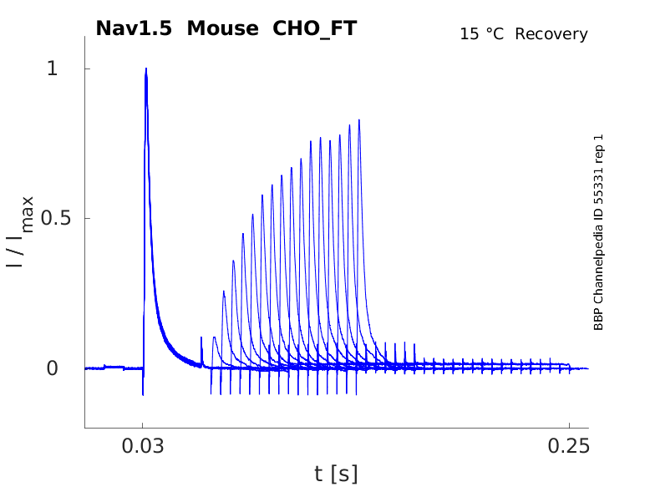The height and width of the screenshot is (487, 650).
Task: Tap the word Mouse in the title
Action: pyautogui.click(x=223, y=28)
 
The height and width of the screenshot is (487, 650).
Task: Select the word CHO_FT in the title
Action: pyautogui.click(x=315, y=28)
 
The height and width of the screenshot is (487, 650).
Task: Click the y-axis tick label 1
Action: pyautogui.click(x=52, y=68)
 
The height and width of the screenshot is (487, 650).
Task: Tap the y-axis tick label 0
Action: pyautogui.click(x=52, y=368)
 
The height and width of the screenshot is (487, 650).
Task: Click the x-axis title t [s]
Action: pyautogui.click(x=336, y=474)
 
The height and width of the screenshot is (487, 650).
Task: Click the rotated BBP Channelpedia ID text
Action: pyautogui.click(x=598, y=232)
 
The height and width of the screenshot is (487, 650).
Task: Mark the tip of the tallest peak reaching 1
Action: pyautogui.click(x=145, y=69)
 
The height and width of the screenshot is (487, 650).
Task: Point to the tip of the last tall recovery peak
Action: pyautogui.click(x=359, y=120)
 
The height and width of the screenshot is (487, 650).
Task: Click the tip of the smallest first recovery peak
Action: pyautogui.click(x=215, y=337)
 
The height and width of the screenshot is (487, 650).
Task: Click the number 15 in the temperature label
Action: pyautogui.click(x=468, y=34)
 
